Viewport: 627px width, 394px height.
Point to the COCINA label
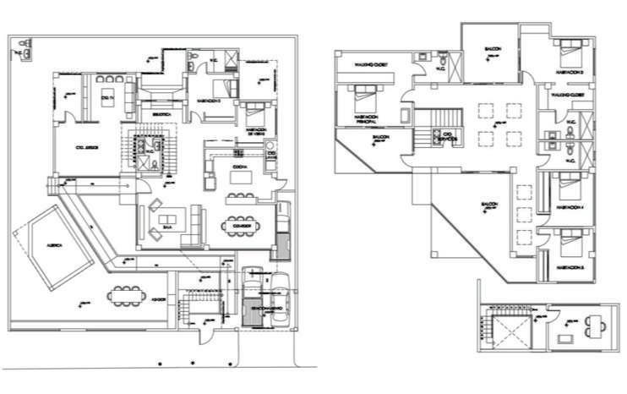(239, 167)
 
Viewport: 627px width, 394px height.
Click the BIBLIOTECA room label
(161, 112)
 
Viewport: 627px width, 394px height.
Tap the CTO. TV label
(107, 99)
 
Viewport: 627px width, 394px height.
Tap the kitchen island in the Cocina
(208, 180)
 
